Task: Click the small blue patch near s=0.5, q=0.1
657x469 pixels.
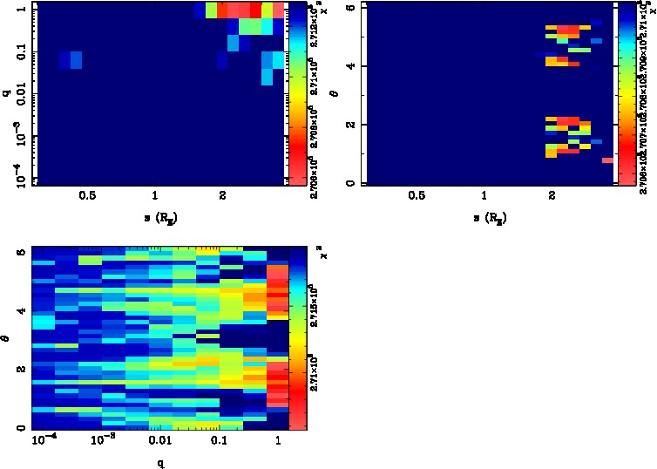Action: click(x=71, y=60)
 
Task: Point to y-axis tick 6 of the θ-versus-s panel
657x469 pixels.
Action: click(x=349, y=8)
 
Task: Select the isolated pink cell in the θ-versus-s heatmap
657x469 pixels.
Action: click(x=607, y=160)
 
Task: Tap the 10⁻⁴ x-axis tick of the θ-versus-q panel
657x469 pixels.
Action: click(x=40, y=442)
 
